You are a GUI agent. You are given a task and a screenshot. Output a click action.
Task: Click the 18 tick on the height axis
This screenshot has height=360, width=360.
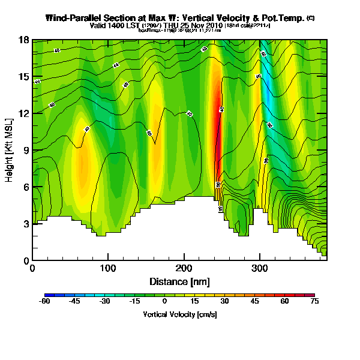point(25,40)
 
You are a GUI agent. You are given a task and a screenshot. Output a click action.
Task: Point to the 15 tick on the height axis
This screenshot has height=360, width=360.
point(25,77)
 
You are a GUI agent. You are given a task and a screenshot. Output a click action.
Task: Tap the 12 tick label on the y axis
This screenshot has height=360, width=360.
point(25,113)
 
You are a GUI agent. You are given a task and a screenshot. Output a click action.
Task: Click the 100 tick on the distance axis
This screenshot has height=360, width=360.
point(108,268)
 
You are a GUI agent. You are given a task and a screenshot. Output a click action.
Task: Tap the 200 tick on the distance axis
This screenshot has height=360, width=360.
point(184,268)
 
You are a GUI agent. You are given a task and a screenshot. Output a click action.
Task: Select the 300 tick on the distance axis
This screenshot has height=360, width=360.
point(259,268)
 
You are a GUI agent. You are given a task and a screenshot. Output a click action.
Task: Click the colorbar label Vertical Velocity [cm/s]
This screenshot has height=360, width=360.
point(179,314)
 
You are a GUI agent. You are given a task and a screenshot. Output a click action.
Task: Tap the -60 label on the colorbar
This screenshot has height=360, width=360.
point(45,302)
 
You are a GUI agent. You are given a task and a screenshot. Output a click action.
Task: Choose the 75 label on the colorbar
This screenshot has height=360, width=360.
point(314,302)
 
